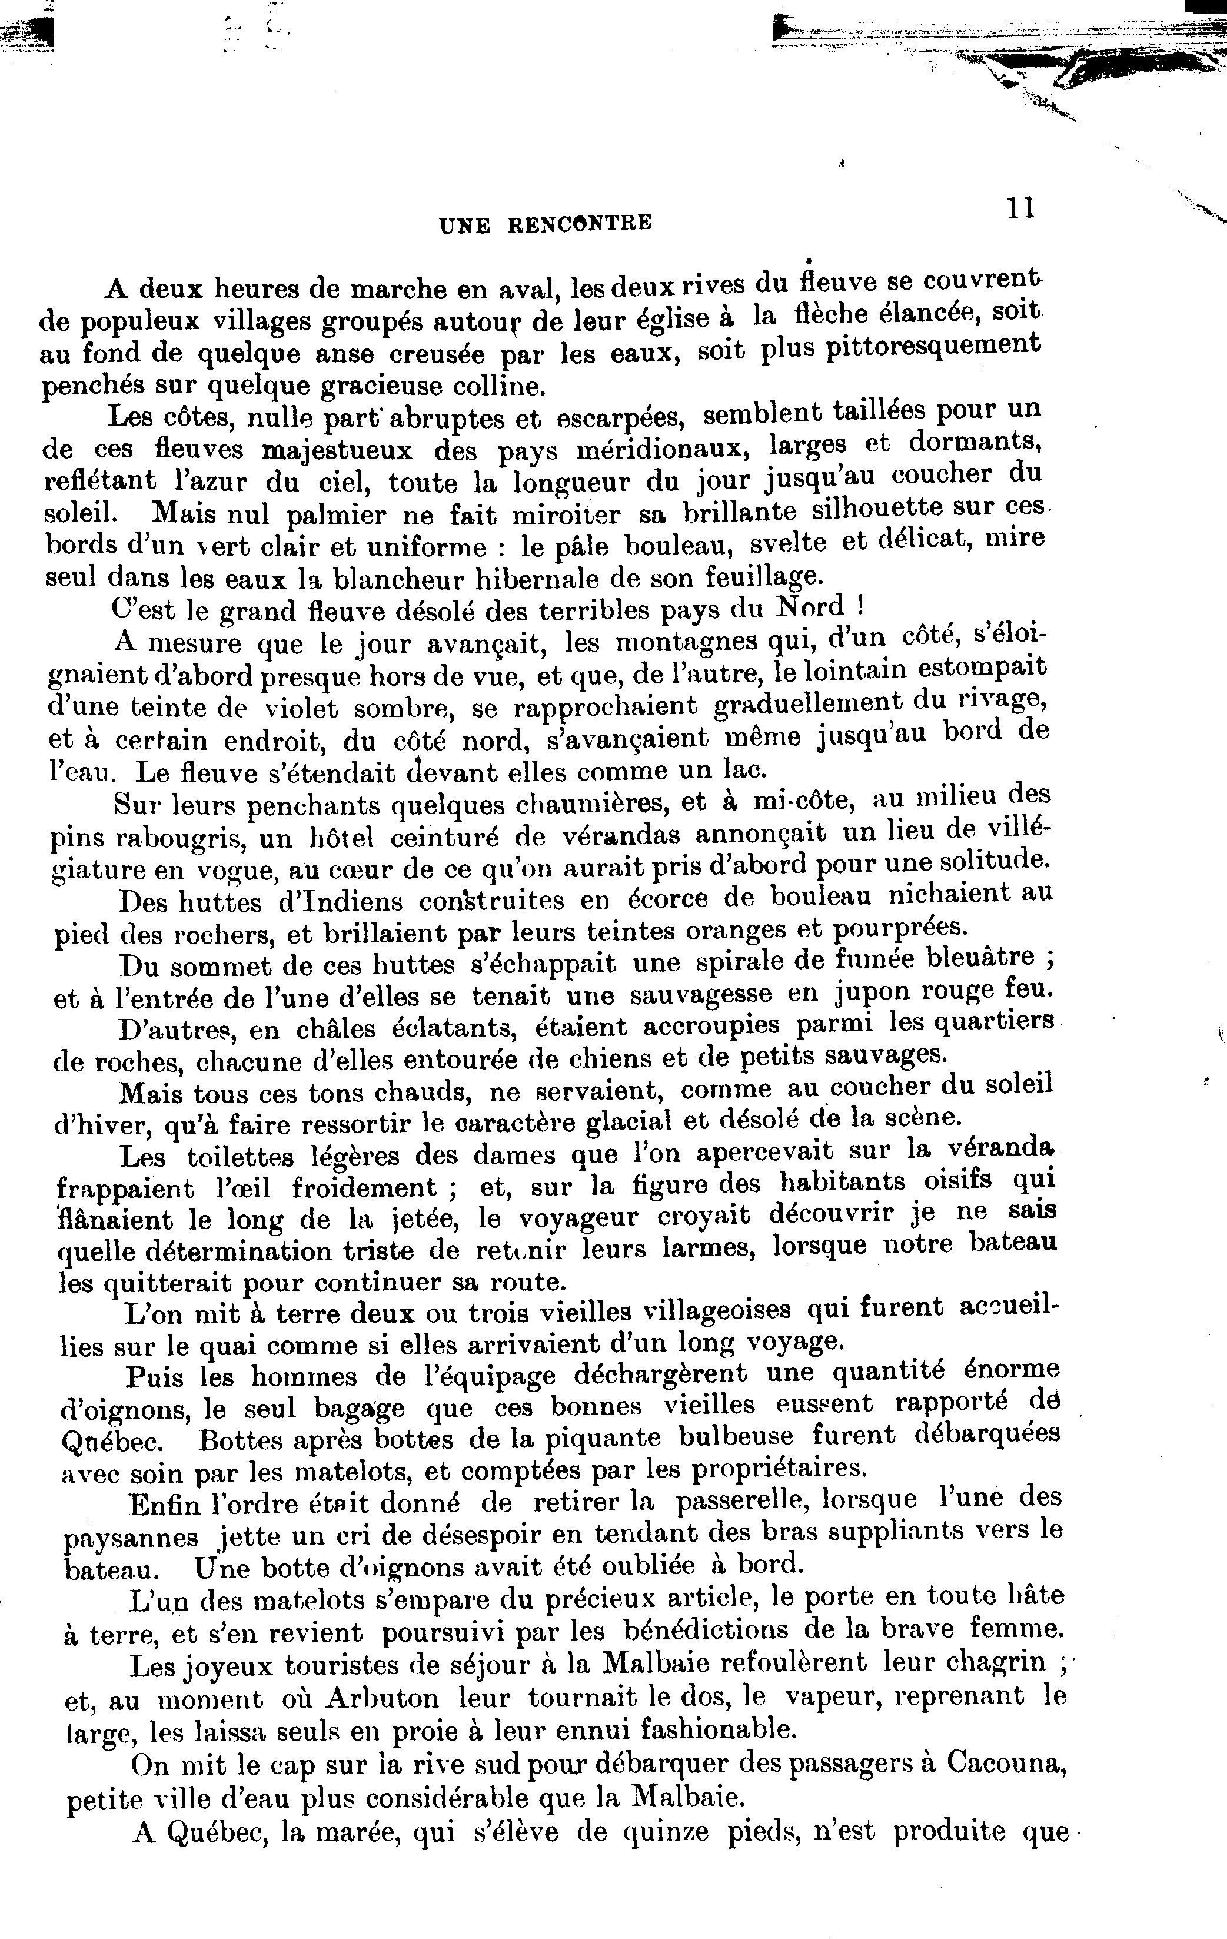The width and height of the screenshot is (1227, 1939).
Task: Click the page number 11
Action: click(1019, 208)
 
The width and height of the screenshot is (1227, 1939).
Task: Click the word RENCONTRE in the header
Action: click(580, 223)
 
